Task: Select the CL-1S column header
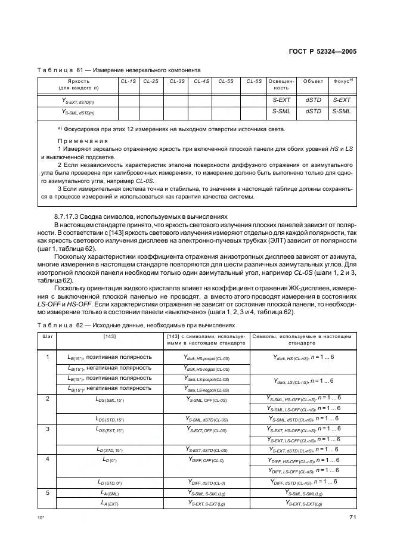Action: point(128,80)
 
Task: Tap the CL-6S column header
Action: point(254,80)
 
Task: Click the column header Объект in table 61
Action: point(313,80)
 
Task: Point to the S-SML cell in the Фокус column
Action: point(342,111)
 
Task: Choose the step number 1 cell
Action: point(46,357)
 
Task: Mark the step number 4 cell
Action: point(46,460)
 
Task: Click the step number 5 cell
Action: point(46,492)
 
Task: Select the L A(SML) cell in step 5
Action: point(109,492)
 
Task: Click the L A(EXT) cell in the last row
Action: point(109,504)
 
